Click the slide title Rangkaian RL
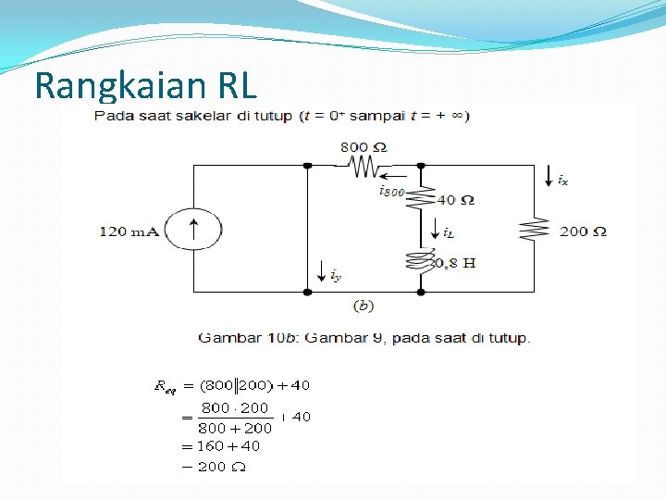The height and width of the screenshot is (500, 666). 145,86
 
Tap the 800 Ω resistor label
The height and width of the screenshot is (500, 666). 363,146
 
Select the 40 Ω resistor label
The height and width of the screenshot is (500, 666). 455,200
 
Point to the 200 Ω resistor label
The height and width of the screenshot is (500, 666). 583,231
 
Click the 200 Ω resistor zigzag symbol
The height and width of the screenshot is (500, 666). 534,229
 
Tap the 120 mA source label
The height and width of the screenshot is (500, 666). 129,231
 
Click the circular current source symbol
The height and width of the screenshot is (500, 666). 193,230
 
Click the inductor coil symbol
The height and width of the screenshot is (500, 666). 421,260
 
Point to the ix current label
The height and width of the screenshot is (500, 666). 562,181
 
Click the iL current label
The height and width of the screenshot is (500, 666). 448,232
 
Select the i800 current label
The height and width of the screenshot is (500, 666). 391,191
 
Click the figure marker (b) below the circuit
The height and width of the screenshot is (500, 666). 363,305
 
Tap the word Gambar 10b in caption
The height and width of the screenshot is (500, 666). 238,338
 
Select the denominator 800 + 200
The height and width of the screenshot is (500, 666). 236,428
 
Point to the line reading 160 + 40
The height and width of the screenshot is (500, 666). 229,445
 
